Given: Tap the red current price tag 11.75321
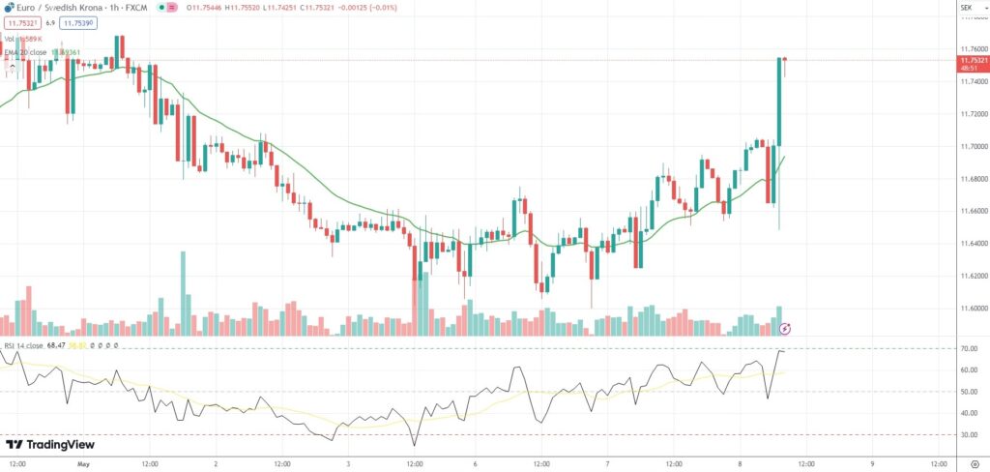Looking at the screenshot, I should coord(973,60).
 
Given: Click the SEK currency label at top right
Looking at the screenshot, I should coord(965,9).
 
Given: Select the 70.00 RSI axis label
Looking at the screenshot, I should coord(968,348).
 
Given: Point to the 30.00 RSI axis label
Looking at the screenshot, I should coord(968,434).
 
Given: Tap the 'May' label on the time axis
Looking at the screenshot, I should coord(83,463).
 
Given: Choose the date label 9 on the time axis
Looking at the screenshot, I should coord(871,463).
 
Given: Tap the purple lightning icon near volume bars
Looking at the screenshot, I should coord(786,328).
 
